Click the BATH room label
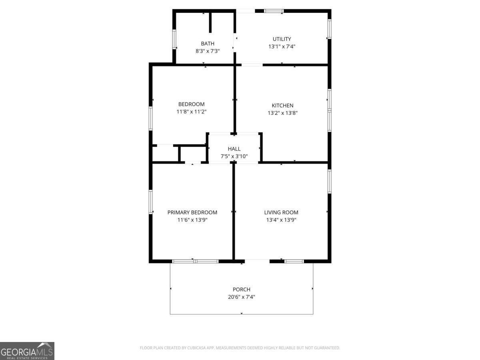point(208,44)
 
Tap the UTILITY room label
point(282,39)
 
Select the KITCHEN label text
point(282,105)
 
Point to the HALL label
point(234,149)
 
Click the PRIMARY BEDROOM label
point(192,212)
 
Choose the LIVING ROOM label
point(281,212)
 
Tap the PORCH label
point(242,289)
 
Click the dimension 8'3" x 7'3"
point(208,51)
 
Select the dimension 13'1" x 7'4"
point(282,46)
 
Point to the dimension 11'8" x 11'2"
point(191,112)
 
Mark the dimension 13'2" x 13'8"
point(282,113)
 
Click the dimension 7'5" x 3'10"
point(234,156)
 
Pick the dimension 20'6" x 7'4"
point(242,297)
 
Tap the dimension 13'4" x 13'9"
point(281,220)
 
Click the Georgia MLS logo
point(27,351)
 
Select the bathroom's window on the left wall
point(174,39)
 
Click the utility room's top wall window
point(274,11)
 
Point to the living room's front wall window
point(294,261)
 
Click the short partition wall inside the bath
point(210,23)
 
